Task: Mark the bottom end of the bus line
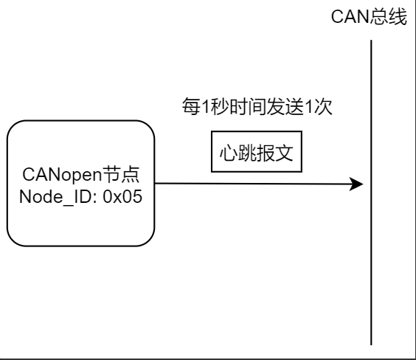pyautogui.click(x=371, y=344)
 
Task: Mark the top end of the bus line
pyautogui.click(x=371, y=41)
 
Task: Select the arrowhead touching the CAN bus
pyautogui.click(x=358, y=183)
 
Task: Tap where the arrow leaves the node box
pyautogui.click(x=155, y=183)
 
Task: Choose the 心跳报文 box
pyautogui.click(x=257, y=152)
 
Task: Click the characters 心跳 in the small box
pyautogui.click(x=238, y=152)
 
